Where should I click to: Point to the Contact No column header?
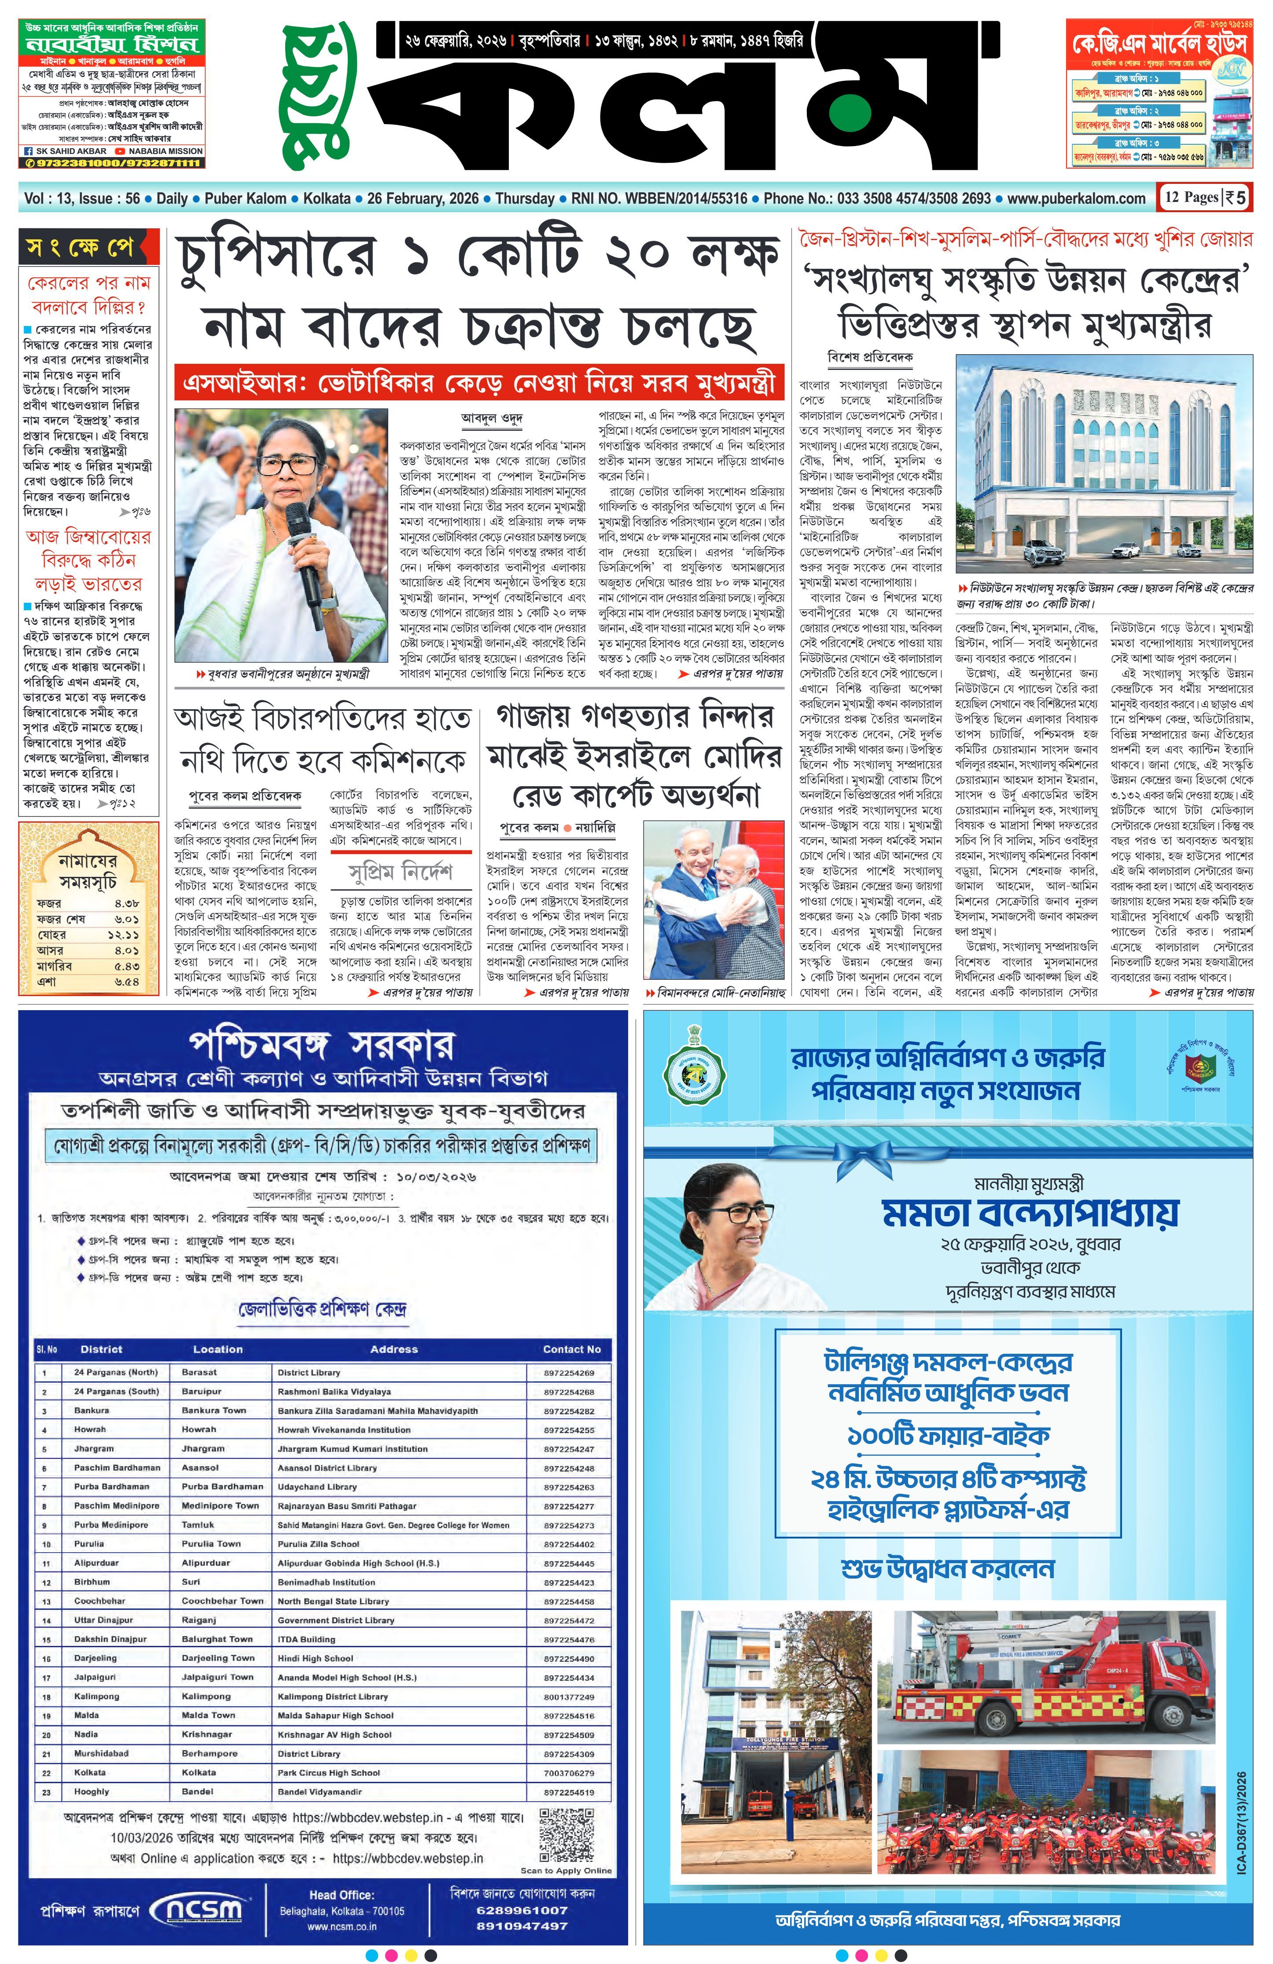(571, 1349)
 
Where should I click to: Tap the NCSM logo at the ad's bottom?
(202, 1910)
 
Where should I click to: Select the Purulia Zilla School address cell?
(319, 1543)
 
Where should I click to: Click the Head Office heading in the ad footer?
(342, 1894)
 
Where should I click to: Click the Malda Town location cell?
(208, 1715)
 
